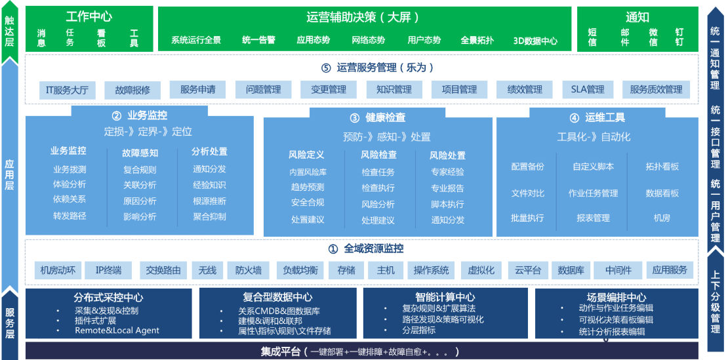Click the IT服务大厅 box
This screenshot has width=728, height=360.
tap(67, 89)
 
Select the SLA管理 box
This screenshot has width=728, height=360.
tap(587, 89)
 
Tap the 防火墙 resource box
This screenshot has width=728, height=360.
tap(249, 270)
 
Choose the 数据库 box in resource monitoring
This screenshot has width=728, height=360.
tap(571, 270)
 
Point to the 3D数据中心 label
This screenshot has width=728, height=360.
tap(535, 40)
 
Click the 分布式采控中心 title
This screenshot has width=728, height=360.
tap(109, 297)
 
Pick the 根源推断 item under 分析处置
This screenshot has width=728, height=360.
tap(209, 201)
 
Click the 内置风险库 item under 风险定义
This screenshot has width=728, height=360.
tap(308, 172)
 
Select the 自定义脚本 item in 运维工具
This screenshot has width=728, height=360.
tap(593, 167)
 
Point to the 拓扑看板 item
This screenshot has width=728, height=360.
tap(662, 167)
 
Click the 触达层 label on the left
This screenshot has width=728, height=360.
tap(9, 31)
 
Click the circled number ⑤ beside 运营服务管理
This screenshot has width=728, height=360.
tap(326, 68)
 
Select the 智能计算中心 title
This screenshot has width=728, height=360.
tap(445, 297)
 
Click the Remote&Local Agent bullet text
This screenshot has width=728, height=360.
tap(117, 330)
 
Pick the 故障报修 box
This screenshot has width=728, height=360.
tap(132, 89)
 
